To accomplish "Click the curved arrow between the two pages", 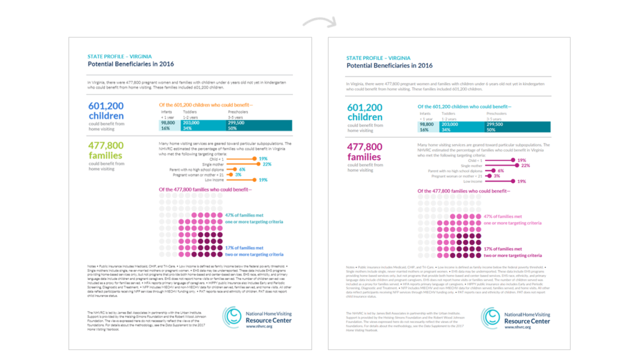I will pyautogui.click(x=319, y=22).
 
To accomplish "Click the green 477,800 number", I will pyautogui.click(x=106, y=145).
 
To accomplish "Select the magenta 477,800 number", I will pyautogui.click(x=364, y=147).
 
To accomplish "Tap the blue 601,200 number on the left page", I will pyautogui.click(x=106, y=106).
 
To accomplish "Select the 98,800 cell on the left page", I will pyautogui.click(x=167, y=123).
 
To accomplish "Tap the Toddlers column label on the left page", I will pyautogui.click(x=190, y=112).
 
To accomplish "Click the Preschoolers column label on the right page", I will pyautogui.click(x=498, y=114).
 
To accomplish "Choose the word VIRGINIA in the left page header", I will pyautogui.click(x=139, y=56).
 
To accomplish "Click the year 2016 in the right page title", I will pyautogui.click(x=425, y=65).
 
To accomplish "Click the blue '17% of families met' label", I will pyautogui.click(x=244, y=248).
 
